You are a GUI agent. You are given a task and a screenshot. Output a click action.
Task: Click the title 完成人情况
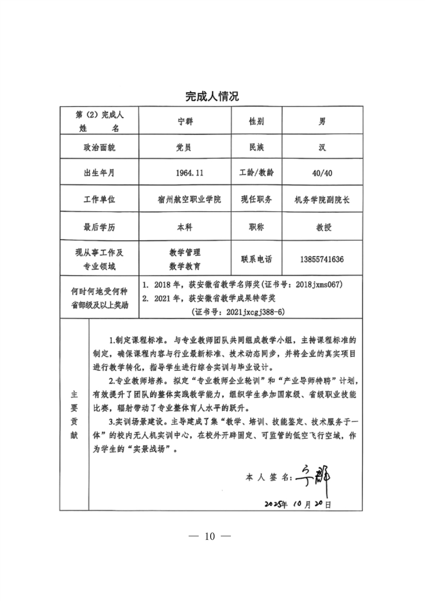[212, 96]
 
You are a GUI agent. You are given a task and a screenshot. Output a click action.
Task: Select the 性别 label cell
[256, 122]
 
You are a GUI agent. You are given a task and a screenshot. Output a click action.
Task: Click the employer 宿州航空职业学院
[187, 200]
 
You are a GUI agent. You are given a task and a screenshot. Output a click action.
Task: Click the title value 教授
[323, 227]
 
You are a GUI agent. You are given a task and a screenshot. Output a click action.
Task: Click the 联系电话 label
[256, 259]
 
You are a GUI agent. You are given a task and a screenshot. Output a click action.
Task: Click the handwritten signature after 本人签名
[315, 474]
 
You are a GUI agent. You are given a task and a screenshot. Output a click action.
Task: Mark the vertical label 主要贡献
[74, 414]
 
